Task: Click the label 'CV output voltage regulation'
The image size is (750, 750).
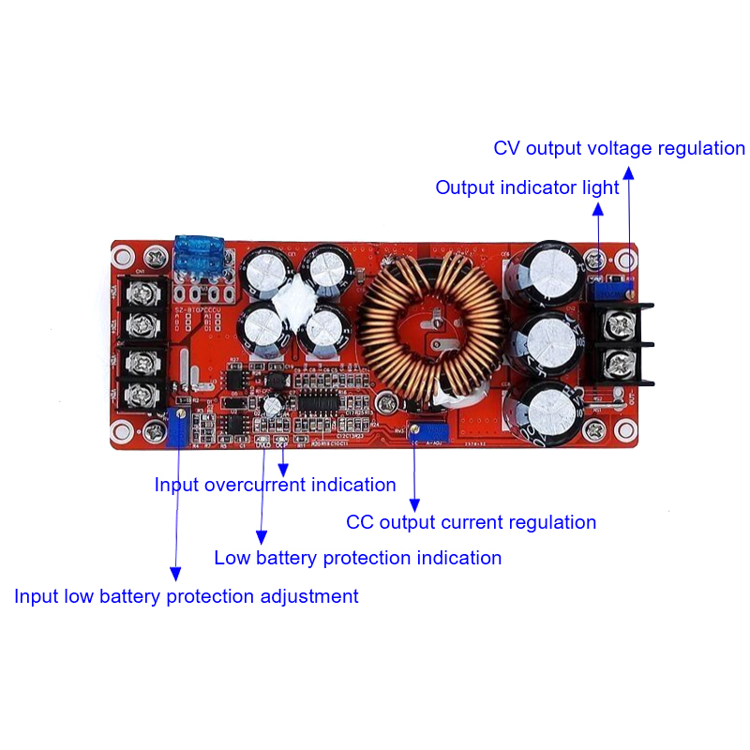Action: coord(619,149)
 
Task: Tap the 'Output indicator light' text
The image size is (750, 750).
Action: coord(527,187)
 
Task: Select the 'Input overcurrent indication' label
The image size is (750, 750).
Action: coord(275,485)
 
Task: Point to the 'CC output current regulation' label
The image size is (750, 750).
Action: coord(471,522)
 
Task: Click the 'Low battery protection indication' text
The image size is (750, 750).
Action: coord(357,558)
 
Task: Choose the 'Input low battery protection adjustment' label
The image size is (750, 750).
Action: coord(186,596)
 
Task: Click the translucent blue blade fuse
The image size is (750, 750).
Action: coord(204,256)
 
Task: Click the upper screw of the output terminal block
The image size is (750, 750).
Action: coord(616,326)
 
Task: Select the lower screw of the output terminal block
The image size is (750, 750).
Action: coord(616,362)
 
